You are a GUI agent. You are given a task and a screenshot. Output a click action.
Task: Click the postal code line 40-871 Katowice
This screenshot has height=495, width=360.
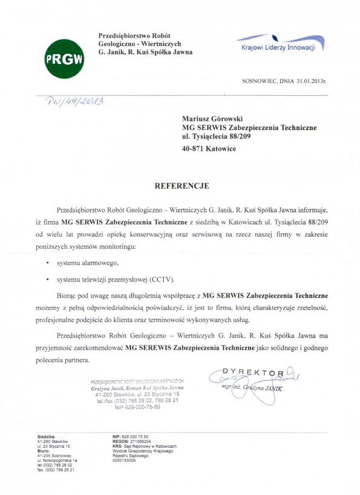click(217, 148)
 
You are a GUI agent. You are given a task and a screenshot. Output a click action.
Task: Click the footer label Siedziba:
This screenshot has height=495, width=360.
click(47, 436)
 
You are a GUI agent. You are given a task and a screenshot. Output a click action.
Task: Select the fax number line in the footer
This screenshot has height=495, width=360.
click(56, 470)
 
